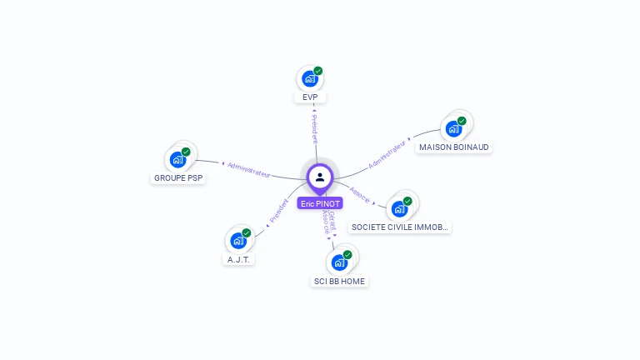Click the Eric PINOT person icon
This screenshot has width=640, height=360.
click(320, 177)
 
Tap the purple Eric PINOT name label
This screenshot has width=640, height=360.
click(320, 203)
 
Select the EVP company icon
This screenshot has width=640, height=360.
click(310, 79)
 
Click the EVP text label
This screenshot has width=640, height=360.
click(310, 97)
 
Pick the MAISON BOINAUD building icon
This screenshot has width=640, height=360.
click(453, 128)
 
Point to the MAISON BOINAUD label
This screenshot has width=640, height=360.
click(454, 147)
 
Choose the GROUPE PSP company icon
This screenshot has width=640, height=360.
click(177, 159)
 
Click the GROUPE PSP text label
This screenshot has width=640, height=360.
click(178, 178)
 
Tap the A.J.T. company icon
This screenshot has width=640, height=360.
click(239, 241)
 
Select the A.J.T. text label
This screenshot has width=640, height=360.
click(239, 260)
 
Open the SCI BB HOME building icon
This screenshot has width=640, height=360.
click(339, 262)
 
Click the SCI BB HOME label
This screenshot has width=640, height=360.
click(339, 282)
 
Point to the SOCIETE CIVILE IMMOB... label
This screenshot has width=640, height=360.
click(400, 227)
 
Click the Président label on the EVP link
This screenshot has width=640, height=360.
click(315, 129)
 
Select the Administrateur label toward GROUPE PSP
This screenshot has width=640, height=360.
click(248, 168)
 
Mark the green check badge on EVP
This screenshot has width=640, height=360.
click(318, 71)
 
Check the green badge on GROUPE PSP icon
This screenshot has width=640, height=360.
click(186, 152)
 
